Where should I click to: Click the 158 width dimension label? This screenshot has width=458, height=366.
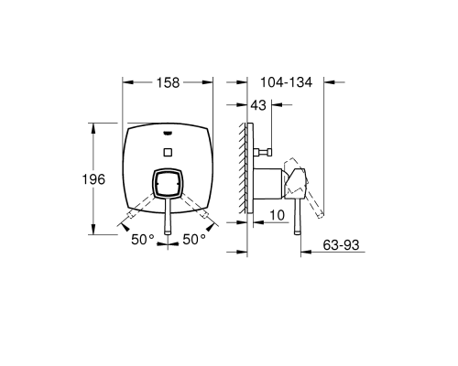point(168,82)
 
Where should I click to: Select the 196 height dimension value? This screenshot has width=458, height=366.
point(93,179)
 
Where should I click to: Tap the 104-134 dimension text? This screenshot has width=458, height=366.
point(286,82)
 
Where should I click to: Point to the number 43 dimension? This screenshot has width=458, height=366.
point(258,105)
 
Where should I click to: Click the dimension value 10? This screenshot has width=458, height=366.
point(278,215)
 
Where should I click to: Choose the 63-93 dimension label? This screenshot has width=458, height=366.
point(341,245)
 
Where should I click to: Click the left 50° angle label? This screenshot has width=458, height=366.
point(143,240)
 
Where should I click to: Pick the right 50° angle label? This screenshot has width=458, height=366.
point(194,240)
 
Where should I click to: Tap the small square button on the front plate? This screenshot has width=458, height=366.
point(168,152)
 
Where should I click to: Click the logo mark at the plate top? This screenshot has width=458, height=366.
point(168,133)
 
